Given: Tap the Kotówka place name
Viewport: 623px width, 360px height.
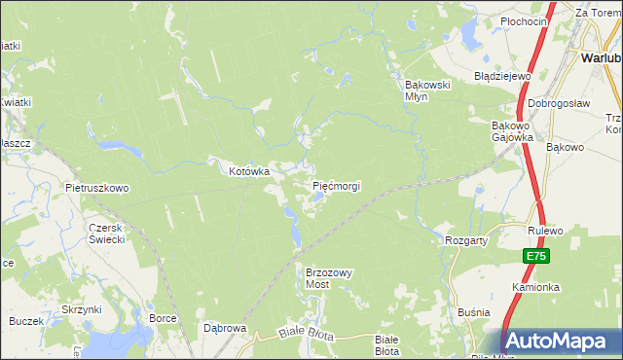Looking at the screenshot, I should coord(248,171).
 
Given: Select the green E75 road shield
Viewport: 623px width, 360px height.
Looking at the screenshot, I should coord(535,256).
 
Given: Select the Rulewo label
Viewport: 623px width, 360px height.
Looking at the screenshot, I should coord(547,232).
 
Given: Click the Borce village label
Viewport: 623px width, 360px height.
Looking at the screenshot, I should coord(163,318).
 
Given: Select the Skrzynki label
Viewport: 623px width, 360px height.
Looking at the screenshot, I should coord(82,309).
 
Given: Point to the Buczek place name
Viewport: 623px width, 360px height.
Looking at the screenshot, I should coord(26,320).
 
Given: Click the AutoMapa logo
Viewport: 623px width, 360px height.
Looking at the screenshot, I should coord(561,341).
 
